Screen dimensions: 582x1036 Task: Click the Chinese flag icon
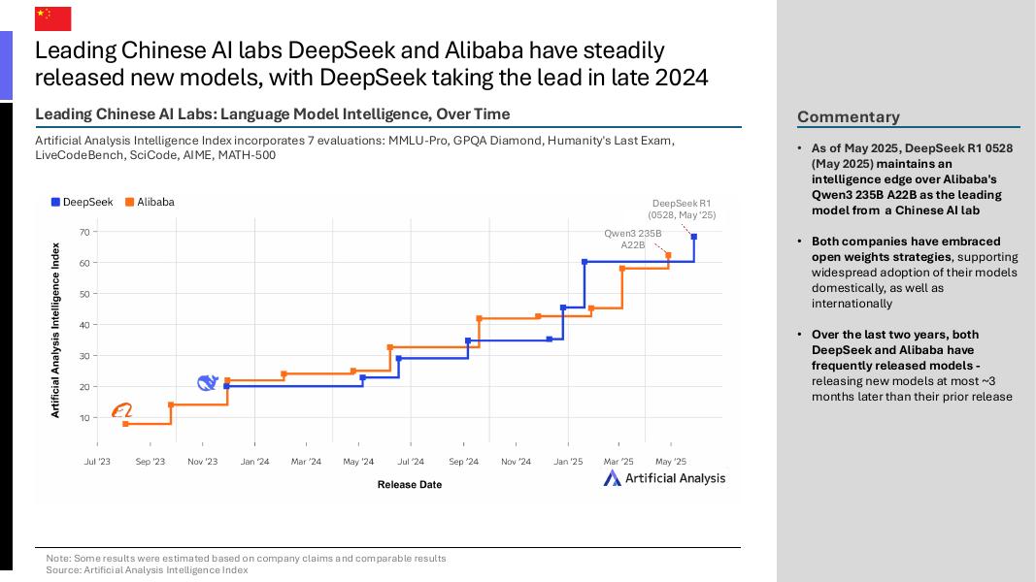coord(52,17)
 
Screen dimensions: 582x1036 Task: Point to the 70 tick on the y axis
coord(84,232)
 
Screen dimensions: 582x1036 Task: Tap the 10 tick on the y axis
coord(84,418)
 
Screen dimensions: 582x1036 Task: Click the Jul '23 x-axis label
coord(97,462)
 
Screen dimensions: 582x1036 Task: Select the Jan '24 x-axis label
coord(254,462)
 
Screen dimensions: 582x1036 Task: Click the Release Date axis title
coord(409,484)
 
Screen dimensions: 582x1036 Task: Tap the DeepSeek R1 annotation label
coord(682,209)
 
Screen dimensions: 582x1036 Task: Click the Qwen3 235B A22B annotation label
coord(632,239)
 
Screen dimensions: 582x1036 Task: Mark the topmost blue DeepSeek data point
coord(694,237)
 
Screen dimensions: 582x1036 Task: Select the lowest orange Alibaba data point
coord(125,424)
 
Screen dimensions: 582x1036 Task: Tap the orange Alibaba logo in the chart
coord(121,411)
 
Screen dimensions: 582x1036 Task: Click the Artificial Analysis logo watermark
coord(664,477)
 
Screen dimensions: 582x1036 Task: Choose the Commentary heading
coord(849,116)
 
